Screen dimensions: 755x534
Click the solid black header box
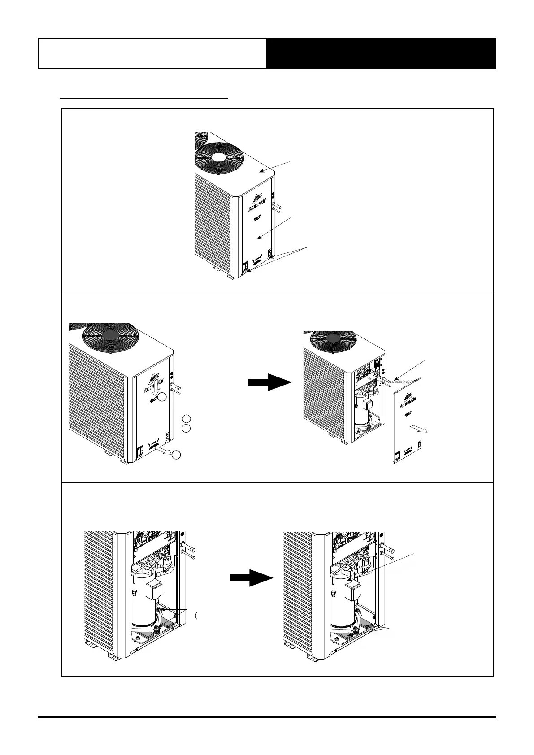381,53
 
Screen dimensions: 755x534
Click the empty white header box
152,53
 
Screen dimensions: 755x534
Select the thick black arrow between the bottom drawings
251,577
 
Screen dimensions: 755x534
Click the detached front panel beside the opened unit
408,425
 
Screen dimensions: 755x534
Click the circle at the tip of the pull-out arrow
177,455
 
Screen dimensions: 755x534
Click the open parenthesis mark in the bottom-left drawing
197,616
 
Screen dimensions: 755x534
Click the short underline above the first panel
144,97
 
